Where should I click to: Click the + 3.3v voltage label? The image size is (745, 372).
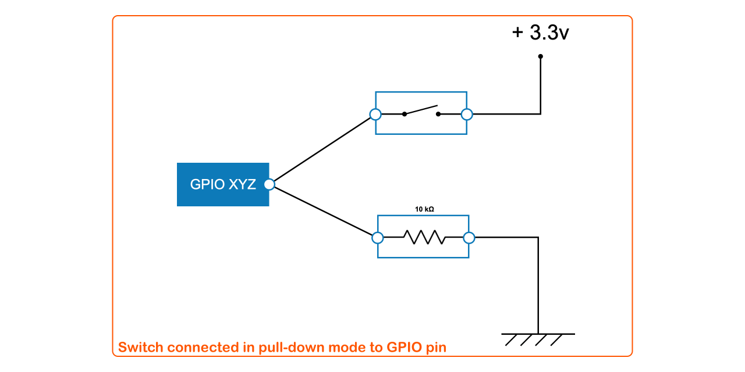click(x=540, y=33)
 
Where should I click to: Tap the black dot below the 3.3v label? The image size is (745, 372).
click(x=540, y=56)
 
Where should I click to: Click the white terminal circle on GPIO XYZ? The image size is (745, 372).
click(x=269, y=184)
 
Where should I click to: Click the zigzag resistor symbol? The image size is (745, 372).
click(x=425, y=237)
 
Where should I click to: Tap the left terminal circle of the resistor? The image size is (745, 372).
click(x=378, y=237)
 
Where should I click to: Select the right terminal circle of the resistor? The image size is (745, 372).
click(x=469, y=237)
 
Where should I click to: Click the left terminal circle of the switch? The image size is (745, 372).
click(x=375, y=114)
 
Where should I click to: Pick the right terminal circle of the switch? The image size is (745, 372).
click(x=466, y=114)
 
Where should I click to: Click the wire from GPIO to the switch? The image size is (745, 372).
click(x=322, y=149)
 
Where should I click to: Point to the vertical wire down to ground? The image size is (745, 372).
click(x=538, y=285)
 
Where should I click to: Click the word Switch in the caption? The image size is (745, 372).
click(x=140, y=348)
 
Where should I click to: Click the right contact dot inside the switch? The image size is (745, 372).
click(x=439, y=114)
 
